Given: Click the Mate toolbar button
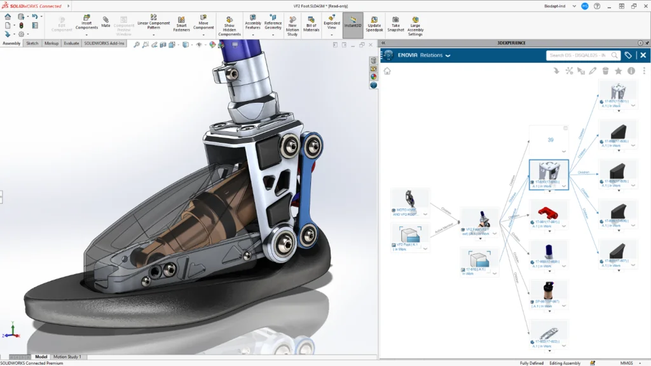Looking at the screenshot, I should [106, 22].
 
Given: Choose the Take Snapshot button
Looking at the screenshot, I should [395, 24].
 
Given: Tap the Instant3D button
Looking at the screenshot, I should [353, 24].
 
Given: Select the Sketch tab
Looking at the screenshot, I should [32, 43].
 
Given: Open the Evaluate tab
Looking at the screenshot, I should [71, 43].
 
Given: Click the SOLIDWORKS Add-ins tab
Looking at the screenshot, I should [104, 43].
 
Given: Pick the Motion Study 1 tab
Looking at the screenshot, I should [67, 356].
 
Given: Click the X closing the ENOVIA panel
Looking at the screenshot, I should [643, 55].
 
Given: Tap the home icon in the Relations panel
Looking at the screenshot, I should [387, 71].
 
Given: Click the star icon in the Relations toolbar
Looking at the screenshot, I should [618, 71].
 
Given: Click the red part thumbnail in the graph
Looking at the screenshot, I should [548, 211].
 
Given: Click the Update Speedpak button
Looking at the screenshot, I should [374, 24].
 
